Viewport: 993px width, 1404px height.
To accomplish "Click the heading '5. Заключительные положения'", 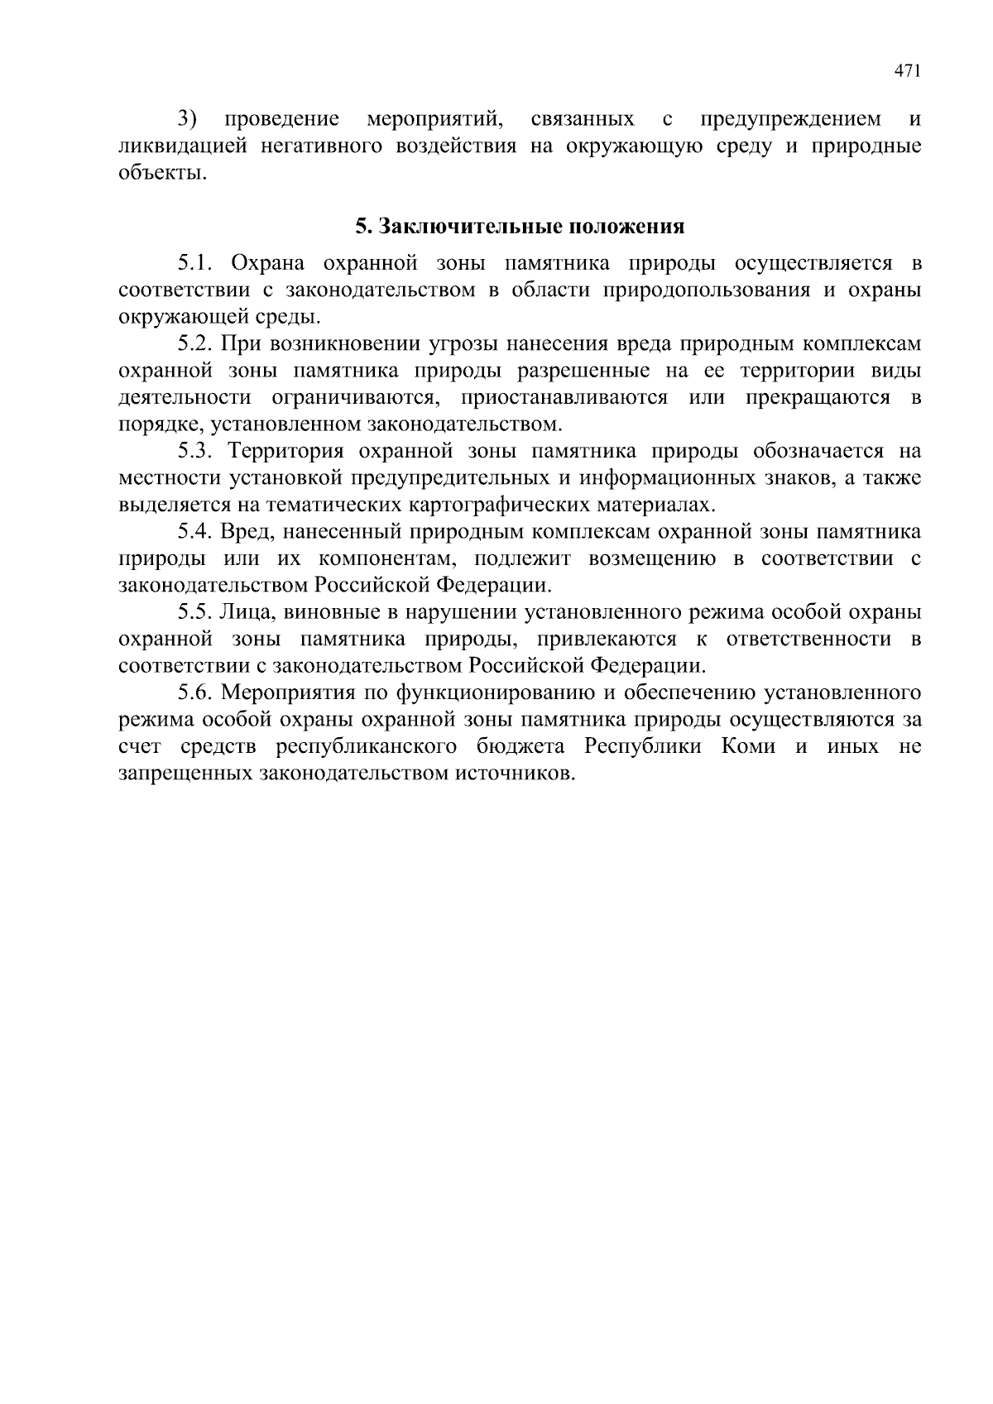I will (x=520, y=226).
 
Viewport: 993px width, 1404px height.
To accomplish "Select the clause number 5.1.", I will (x=197, y=263).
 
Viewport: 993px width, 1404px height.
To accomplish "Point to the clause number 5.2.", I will (x=197, y=343).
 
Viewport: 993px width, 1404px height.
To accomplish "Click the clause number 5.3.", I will (x=197, y=451).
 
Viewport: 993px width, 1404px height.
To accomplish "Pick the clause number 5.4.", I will (x=197, y=531).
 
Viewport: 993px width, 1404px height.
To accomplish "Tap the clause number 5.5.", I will (x=197, y=612).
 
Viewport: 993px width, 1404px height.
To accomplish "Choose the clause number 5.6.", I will (x=197, y=692).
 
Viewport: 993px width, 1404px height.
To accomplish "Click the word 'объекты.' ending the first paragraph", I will (x=161, y=174).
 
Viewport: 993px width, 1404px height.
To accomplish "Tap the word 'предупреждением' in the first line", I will (x=791, y=119).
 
